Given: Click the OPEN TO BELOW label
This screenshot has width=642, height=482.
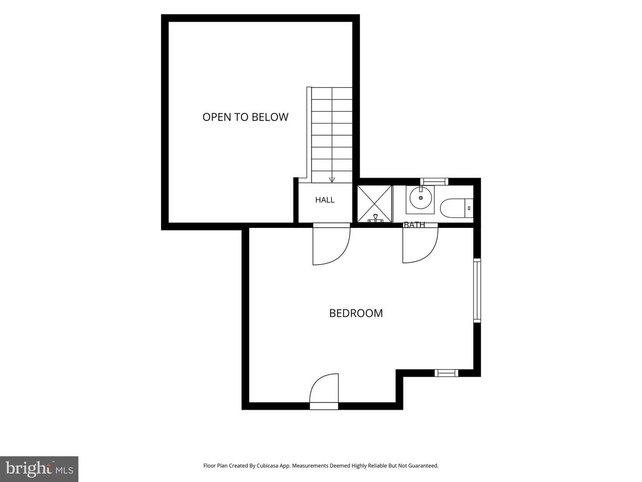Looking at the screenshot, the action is tap(245, 117).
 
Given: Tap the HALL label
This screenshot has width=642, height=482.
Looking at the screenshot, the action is tap(325, 200).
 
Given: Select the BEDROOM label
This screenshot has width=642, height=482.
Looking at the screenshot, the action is tap(356, 313).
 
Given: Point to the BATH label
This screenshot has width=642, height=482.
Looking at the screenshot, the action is tap(414, 225).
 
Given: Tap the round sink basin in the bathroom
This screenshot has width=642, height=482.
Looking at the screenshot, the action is tap(420, 198).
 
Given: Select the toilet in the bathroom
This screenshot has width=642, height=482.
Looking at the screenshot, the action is tap(457, 208).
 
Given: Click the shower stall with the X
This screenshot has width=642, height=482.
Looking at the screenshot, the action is tap(374, 204).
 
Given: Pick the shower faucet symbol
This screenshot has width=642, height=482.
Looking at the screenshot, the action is tap(375, 219).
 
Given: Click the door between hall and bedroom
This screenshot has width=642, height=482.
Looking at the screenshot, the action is tap(331, 244).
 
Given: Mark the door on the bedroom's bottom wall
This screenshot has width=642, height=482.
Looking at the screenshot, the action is tap(324, 391).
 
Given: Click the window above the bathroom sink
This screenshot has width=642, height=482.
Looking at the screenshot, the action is tap(434, 182).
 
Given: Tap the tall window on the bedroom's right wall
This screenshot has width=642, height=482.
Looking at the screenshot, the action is tap(477, 290).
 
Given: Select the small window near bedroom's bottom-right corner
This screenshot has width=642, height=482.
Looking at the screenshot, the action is tap(446, 373).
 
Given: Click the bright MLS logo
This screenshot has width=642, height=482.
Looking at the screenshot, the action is tap(39, 469).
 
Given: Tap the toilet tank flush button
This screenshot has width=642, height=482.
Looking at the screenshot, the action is tap(469, 208).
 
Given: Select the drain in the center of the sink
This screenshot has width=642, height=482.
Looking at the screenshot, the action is tap(421, 198).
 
